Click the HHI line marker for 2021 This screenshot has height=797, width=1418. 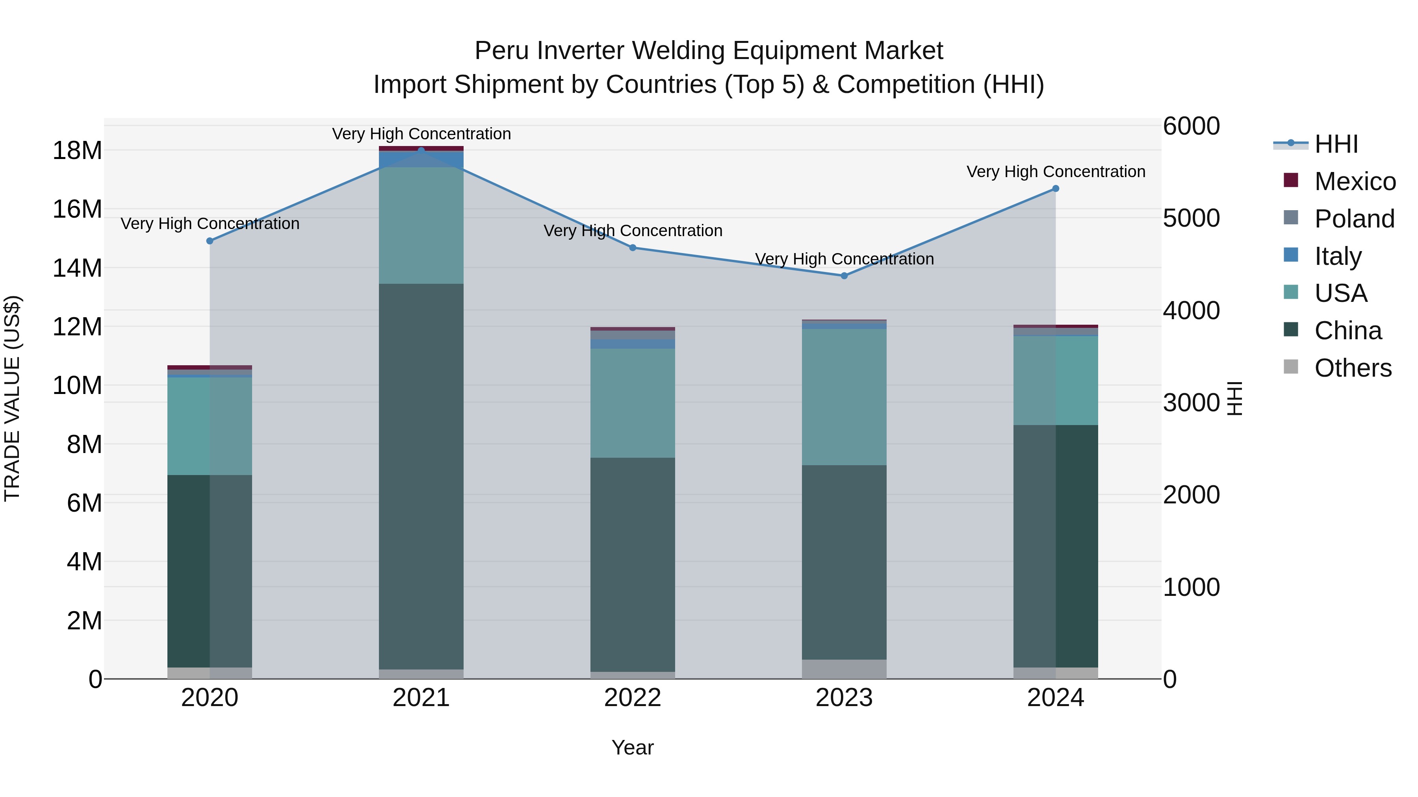click(x=421, y=150)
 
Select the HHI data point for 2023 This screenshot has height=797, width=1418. click(x=844, y=276)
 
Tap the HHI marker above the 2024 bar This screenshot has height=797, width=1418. click(x=1055, y=189)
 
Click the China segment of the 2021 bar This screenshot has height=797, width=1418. click(x=421, y=476)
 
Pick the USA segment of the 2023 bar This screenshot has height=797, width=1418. click(x=844, y=397)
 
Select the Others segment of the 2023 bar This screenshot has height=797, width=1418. click(x=844, y=669)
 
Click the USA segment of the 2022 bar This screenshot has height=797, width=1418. click(x=633, y=403)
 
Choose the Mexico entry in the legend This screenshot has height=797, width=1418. click(x=1355, y=181)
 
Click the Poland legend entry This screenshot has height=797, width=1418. click(x=1354, y=219)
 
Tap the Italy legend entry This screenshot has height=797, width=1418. click(x=1338, y=256)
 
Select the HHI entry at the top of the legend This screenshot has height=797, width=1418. click(x=1336, y=144)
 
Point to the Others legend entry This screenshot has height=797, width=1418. click(x=1353, y=368)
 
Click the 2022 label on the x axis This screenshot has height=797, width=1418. click(x=633, y=698)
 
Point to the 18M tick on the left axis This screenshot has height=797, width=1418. click(x=77, y=151)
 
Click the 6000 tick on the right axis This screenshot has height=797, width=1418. click(x=1191, y=126)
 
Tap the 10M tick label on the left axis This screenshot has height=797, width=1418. click(x=77, y=386)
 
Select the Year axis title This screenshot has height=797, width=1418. click(x=633, y=747)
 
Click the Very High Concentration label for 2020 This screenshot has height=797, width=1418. click(x=210, y=224)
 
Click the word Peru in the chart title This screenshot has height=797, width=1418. click(x=502, y=51)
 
